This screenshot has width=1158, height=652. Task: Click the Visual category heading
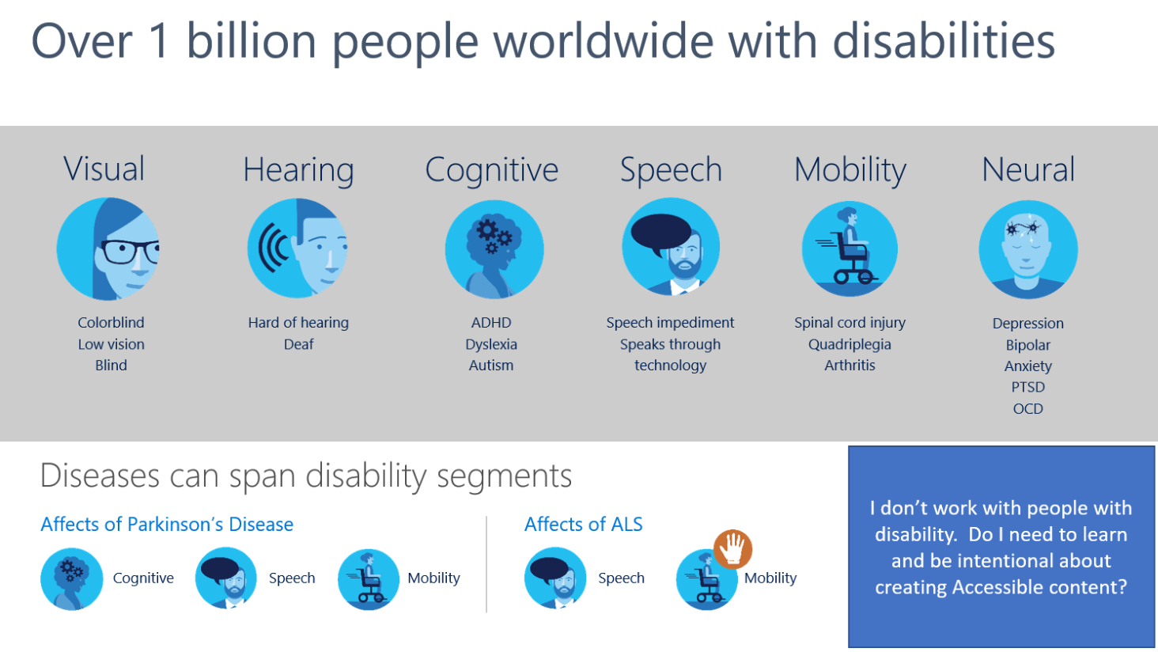pyautogui.click(x=104, y=169)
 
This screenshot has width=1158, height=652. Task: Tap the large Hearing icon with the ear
pyautogui.click(x=297, y=248)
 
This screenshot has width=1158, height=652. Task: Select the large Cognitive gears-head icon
pyautogui.click(x=494, y=249)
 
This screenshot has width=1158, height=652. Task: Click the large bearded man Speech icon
pyautogui.click(x=671, y=247)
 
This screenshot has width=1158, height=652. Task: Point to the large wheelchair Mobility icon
pyautogui.click(x=850, y=248)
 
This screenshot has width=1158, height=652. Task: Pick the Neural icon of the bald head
pyautogui.click(x=1027, y=249)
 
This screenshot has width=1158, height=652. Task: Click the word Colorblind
pyautogui.click(x=111, y=323)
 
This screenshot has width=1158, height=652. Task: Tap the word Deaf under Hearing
pyautogui.click(x=298, y=344)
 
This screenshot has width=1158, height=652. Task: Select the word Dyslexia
pyautogui.click(x=491, y=344)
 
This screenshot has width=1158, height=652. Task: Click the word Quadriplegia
pyautogui.click(x=850, y=344)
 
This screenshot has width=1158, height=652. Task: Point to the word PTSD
pyautogui.click(x=1027, y=387)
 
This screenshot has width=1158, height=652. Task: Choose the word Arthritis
pyautogui.click(x=850, y=365)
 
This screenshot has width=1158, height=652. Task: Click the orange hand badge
pyautogui.click(x=733, y=548)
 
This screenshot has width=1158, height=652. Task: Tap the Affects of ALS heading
pyautogui.click(x=583, y=524)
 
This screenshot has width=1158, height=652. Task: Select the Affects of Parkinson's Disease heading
pyautogui.click(x=167, y=524)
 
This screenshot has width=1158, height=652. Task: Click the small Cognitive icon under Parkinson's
pyautogui.click(x=72, y=579)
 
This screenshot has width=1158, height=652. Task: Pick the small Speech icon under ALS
pyautogui.click(x=555, y=579)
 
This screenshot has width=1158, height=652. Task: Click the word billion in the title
pyautogui.click(x=252, y=41)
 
